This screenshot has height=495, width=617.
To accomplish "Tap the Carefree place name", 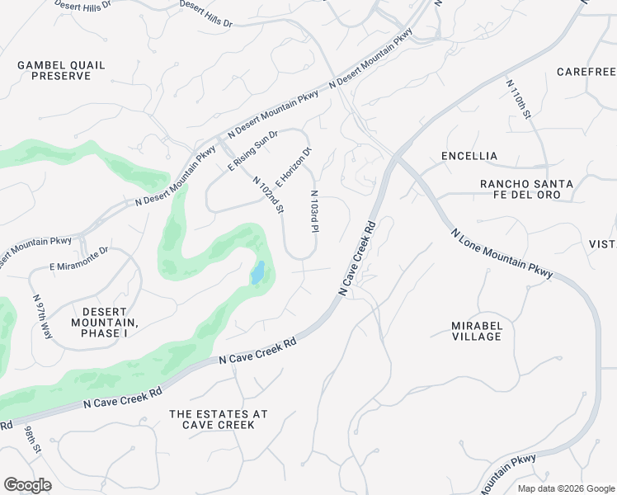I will (x=586, y=72).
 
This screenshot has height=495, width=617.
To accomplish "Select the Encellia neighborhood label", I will (x=469, y=156).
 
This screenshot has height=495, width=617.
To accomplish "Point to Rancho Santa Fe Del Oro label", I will (x=520, y=189).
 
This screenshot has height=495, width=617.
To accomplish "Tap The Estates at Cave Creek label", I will (x=219, y=419).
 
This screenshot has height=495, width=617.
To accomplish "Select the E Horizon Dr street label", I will (x=294, y=167).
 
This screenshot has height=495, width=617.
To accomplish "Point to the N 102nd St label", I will (x=268, y=196).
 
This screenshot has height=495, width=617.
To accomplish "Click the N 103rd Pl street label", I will (x=314, y=213).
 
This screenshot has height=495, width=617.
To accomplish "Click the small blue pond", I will (x=257, y=272).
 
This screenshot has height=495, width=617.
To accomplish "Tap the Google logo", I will (x=27, y=485).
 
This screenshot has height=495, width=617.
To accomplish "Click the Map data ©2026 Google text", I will (x=565, y=488).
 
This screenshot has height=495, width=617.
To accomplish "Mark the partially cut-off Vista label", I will (x=602, y=243).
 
